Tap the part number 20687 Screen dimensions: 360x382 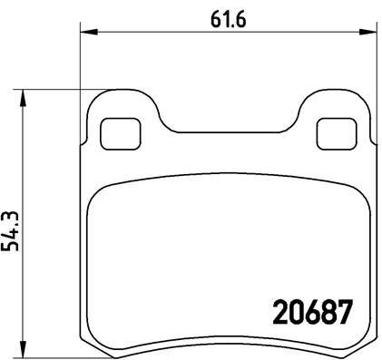coord(312,312)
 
